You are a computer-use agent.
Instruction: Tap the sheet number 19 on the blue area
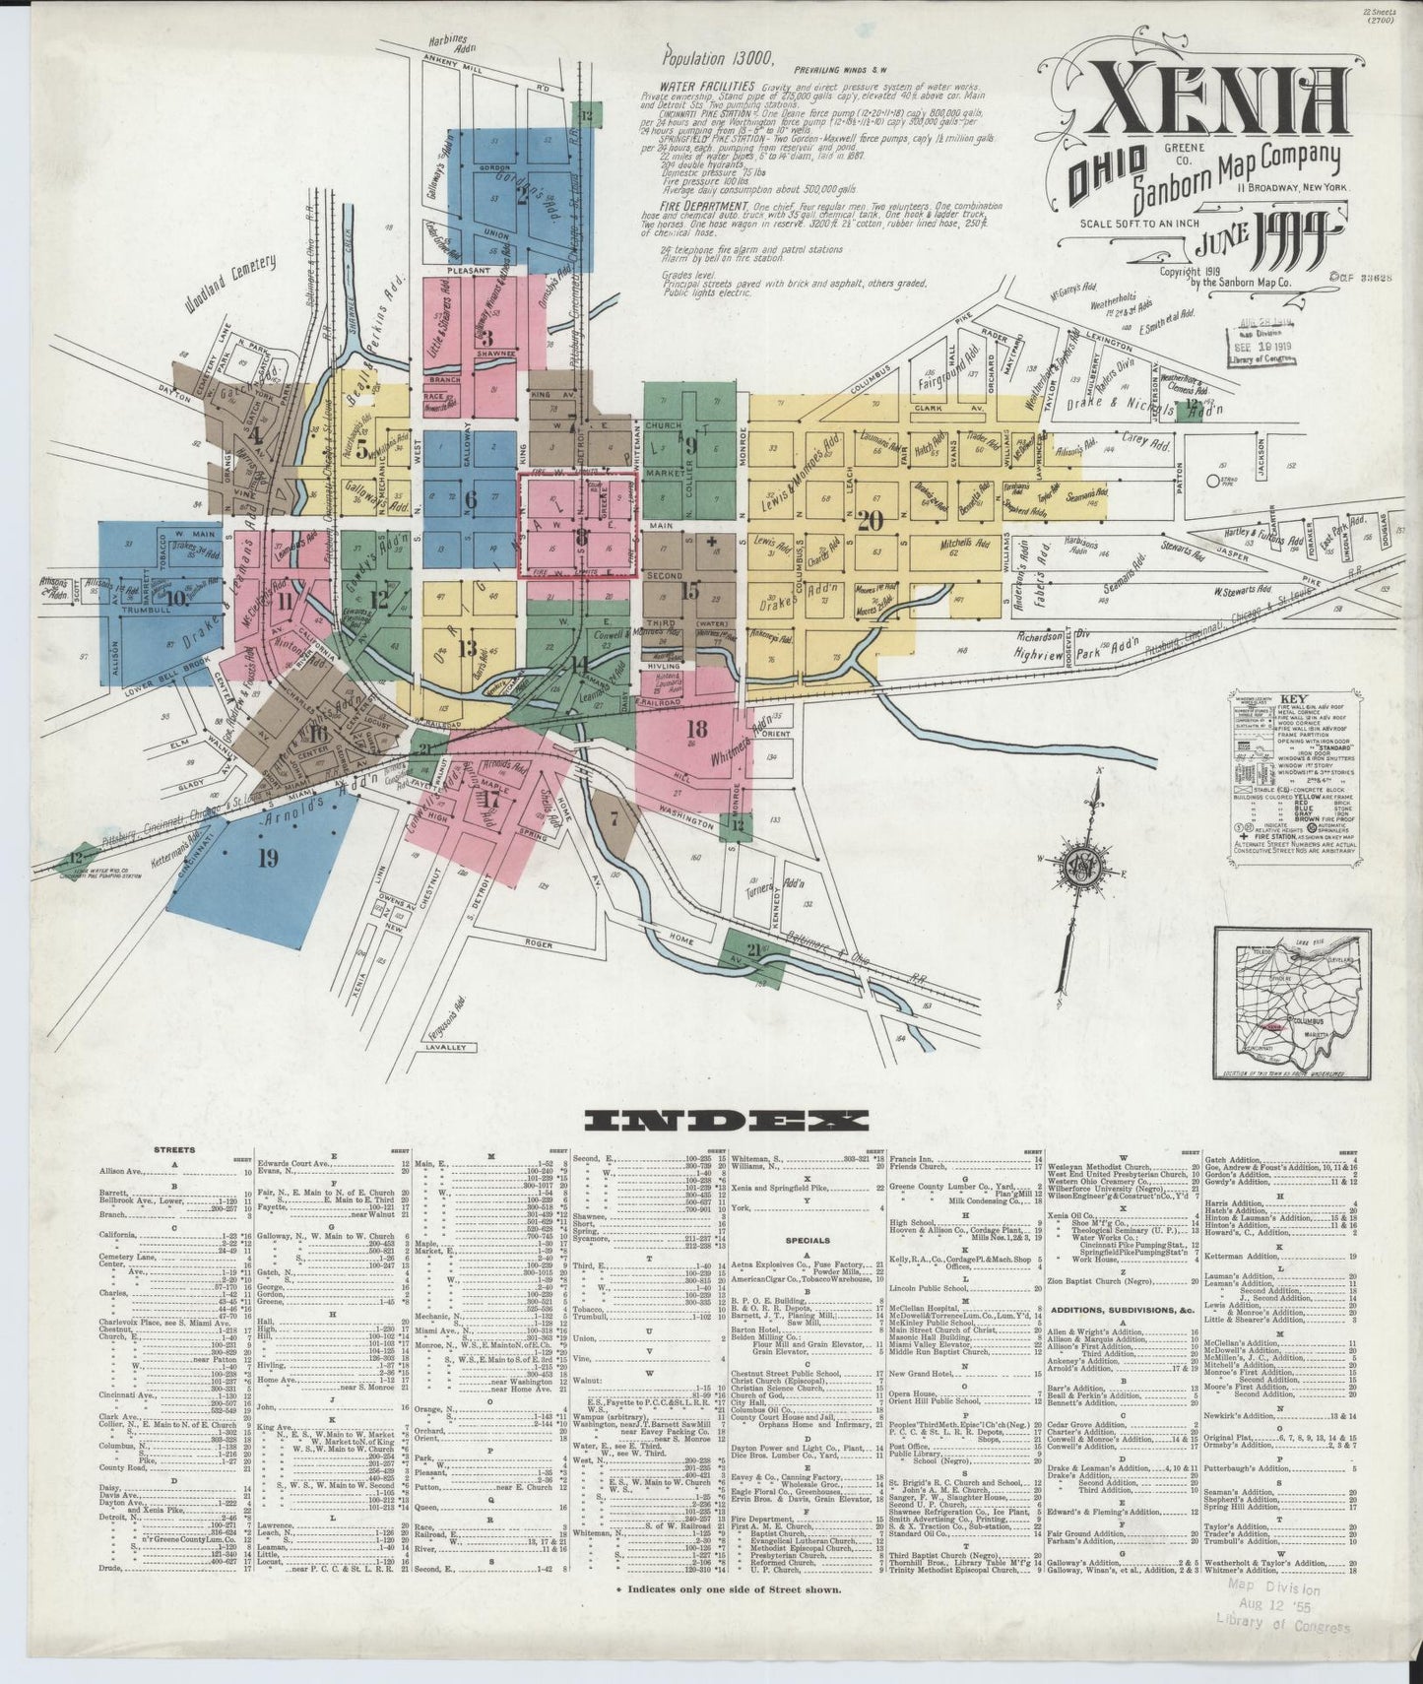(265, 858)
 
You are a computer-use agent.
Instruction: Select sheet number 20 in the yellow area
(870, 522)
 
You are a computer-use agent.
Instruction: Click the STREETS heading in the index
(175, 1148)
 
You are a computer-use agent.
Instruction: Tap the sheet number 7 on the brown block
(614, 817)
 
